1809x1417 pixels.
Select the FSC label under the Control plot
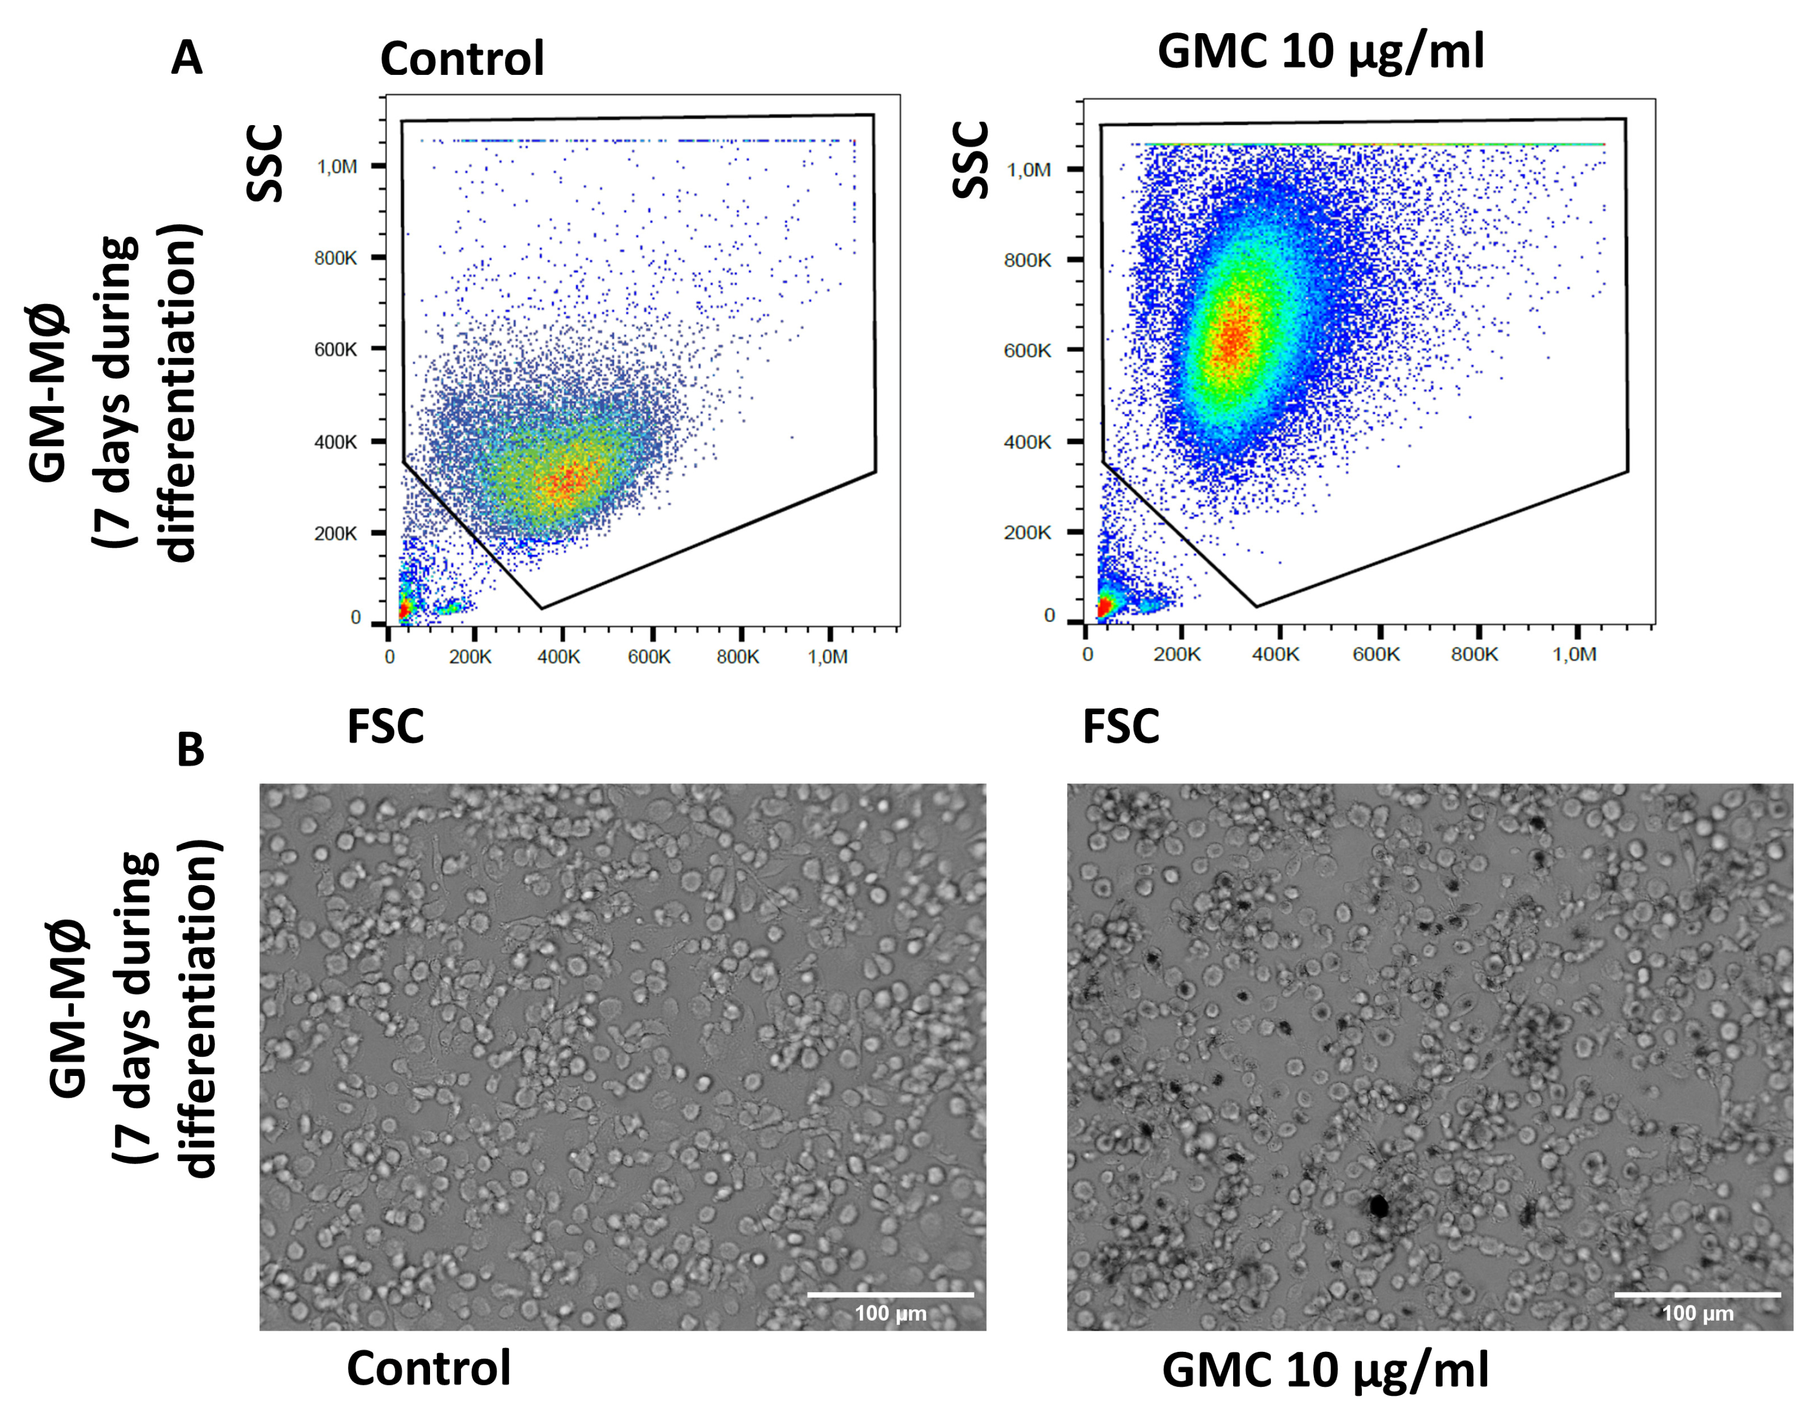(385, 727)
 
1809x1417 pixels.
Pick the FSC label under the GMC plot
(1121, 727)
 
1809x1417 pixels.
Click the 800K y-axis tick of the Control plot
(335, 258)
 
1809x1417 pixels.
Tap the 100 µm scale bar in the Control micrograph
(891, 1293)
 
